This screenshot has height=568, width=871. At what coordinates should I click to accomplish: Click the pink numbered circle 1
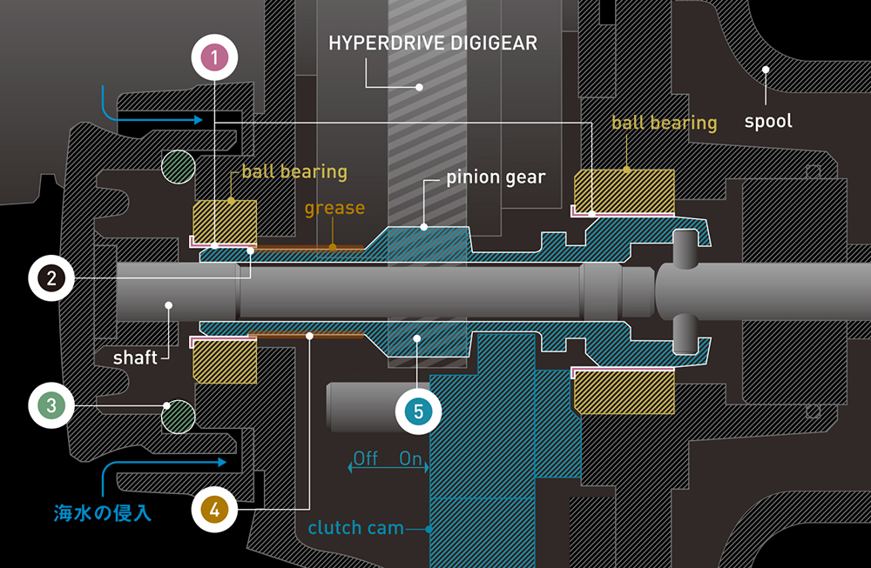click(213, 58)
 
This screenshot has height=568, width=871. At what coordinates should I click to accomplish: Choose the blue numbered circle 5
click(418, 411)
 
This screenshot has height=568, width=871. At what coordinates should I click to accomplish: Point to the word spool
click(768, 121)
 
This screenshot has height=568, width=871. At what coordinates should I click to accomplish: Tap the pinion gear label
click(496, 177)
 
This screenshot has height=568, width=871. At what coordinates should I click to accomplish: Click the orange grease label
click(334, 209)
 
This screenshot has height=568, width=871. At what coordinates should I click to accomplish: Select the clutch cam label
click(355, 528)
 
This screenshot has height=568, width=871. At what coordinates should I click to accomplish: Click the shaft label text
click(135, 357)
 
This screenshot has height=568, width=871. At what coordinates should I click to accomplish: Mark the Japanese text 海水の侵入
click(103, 513)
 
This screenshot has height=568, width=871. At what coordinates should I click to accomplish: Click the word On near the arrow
click(411, 458)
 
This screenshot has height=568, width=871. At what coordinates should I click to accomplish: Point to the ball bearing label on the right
click(664, 123)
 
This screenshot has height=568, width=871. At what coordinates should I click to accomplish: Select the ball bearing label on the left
click(294, 171)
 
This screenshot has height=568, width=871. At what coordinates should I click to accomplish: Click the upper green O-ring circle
click(178, 167)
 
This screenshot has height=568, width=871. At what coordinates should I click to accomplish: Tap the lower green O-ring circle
click(178, 416)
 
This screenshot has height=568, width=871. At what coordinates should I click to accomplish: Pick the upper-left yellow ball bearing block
click(224, 217)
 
